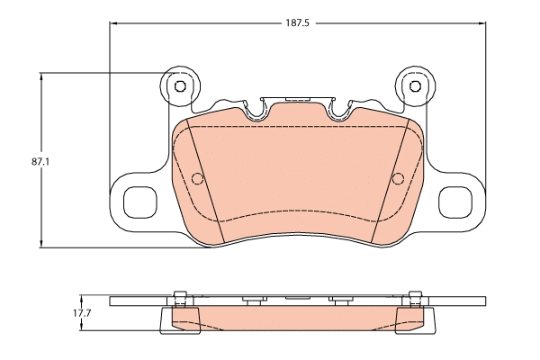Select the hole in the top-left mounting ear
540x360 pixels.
point(178,86)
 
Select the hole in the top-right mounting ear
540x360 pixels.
point(415,86)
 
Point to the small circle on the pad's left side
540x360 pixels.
point(198,177)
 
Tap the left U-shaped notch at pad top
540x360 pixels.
point(256,110)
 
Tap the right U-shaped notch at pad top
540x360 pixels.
point(339,110)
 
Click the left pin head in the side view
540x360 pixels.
point(179,296)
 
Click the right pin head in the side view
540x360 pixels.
point(414,296)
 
